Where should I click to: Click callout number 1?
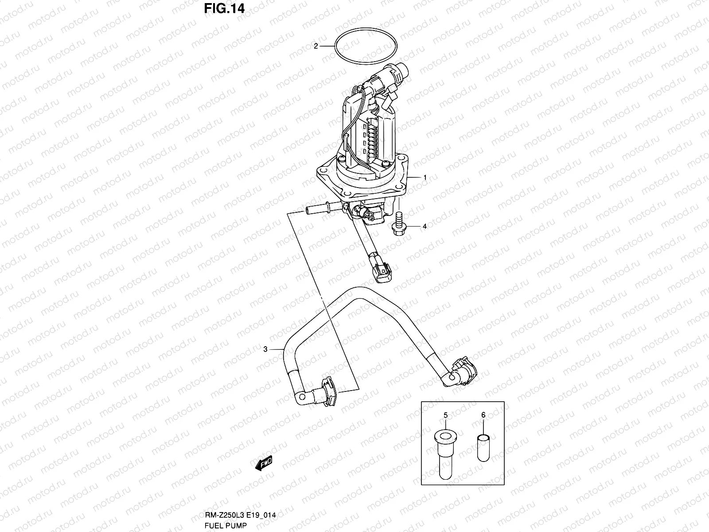(425, 177)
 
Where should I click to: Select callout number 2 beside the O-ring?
(316, 46)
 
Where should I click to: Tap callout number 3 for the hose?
(265, 349)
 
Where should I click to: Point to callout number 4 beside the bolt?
(425, 227)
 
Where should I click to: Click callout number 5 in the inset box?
(446, 415)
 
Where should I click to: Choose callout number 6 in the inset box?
(483, 415)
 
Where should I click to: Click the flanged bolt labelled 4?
(397, 224)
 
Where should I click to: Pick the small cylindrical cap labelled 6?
(483, 448)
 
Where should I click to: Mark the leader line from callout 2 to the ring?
(327, 46)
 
